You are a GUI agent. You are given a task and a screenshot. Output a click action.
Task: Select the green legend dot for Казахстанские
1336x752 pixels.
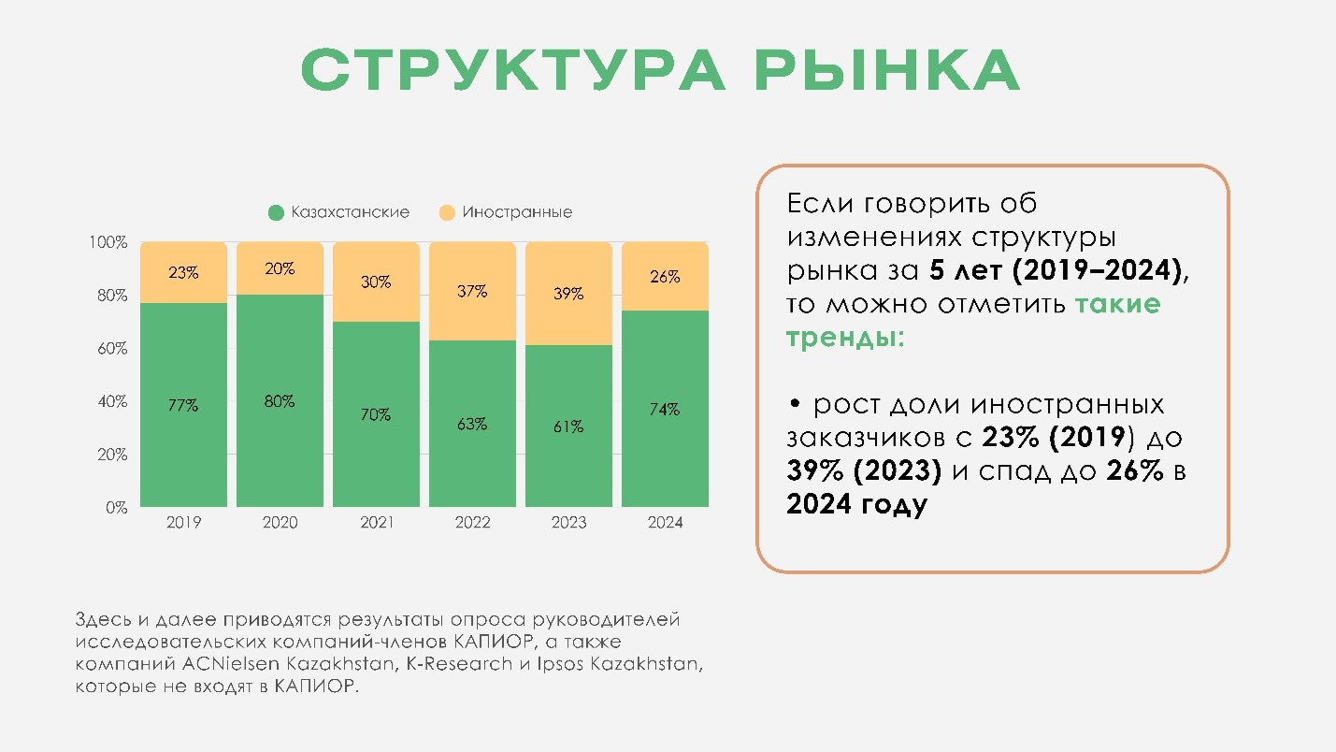(276, 213)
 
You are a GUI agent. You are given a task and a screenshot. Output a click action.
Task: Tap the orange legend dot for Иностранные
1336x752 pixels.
(446, 213)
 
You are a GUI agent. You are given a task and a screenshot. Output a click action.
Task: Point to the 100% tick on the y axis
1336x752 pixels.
(108, 243)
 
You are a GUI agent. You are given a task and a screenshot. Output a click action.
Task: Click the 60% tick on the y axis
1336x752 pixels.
(110, 349)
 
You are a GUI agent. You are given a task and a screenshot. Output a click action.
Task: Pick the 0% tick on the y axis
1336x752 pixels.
(116, 508)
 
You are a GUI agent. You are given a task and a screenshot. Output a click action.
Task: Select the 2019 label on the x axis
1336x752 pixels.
(183, 523)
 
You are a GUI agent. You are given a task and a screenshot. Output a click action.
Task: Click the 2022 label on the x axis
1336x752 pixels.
(472, 523)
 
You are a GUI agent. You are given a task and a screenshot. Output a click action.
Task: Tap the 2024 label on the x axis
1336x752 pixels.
(665, 523)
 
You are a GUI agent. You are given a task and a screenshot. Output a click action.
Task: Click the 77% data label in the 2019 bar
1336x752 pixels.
(183, 406)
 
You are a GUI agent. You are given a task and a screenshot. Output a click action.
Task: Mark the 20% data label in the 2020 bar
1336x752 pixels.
(280, 269)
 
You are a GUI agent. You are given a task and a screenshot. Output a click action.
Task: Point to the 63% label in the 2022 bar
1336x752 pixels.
(472, 424)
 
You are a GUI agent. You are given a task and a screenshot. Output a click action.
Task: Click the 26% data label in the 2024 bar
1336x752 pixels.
(665, 278)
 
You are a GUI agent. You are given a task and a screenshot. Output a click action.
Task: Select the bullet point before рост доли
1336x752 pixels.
(795, 405)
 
